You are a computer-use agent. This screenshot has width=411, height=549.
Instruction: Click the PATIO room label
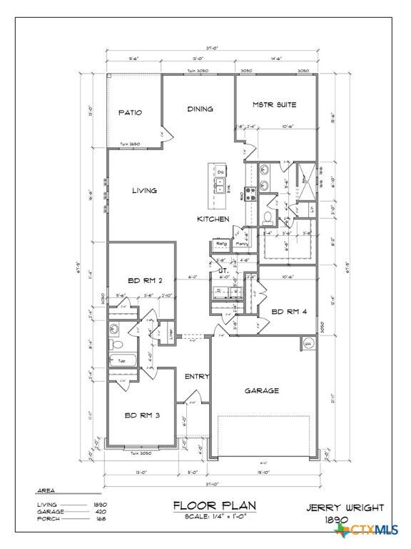pyautogui.click(x=130, y=113)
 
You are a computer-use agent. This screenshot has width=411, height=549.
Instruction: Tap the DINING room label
pyautogui.click(x=201, y=109)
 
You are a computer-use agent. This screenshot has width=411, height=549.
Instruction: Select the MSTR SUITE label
pyautogui.click(x=274, y=105)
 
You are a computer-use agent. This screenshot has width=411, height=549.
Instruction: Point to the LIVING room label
pyautogui.click(x=144, y=191)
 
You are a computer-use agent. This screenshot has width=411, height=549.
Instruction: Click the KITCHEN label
pyautogui.click(x=213, y=219)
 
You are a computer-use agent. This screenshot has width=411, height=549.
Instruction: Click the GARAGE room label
pyautogui.click(x=261, y=391)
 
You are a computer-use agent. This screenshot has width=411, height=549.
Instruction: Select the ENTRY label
pyautogui.click(x=196, y=377)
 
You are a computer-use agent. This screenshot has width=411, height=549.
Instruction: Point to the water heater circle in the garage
pyautogui.click(x=309, y=343)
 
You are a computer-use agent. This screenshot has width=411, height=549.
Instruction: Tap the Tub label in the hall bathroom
pyautogui.click(x=122, y=361)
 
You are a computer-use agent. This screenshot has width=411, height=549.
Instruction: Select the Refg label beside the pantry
pyautogui.click(x=221, y=244)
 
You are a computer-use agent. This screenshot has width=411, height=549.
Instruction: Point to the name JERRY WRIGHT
pyautogui.click(x=345, y=508)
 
